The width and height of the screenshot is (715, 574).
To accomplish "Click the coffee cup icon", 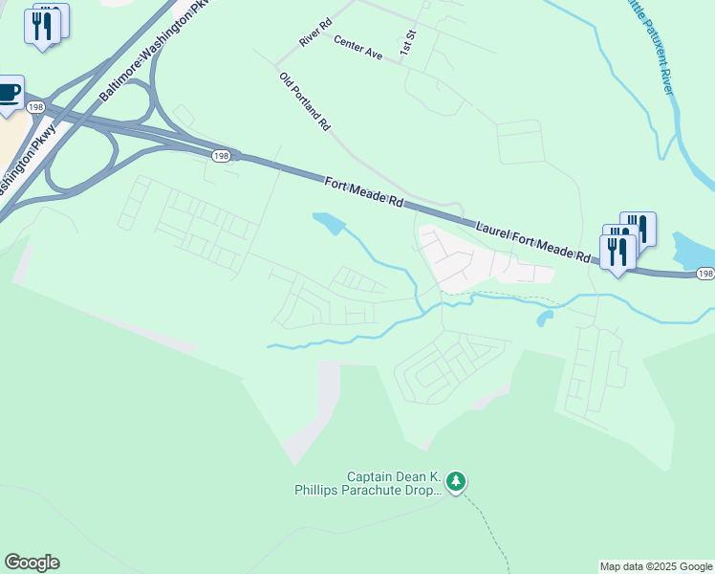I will tap(10, 94).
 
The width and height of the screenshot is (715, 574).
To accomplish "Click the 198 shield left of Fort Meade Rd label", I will tap(221, 155).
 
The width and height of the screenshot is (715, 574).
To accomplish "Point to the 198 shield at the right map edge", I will tap(705, 274).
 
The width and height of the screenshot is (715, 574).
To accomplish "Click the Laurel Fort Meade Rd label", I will tap(533, 240).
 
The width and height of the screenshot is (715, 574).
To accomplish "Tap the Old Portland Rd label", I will tap(305, 101).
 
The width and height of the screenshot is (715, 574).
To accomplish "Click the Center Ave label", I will tap(358, 48).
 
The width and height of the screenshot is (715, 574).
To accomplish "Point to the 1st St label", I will tap(408, 41).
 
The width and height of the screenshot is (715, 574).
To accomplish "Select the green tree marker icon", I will tap(457, 480).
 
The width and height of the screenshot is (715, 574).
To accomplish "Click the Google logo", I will tap(32, 563).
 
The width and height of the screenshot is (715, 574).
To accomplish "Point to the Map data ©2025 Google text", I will tap(656, 566).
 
